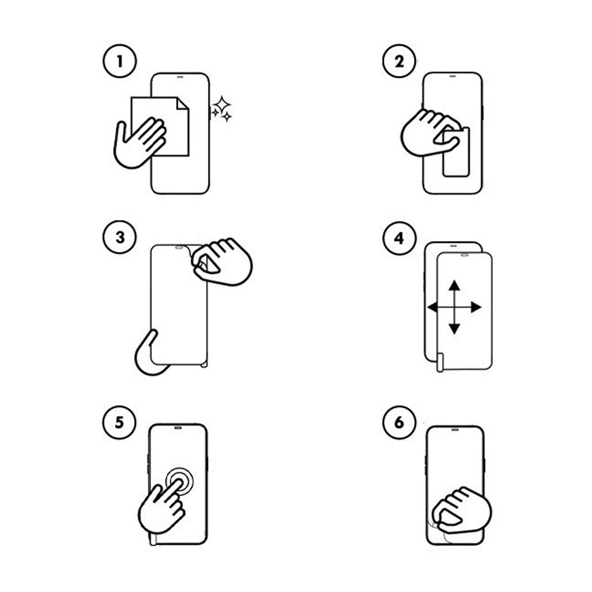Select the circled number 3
tap(119, 237)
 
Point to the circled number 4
tap(399, 238)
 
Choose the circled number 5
tap(119, 423)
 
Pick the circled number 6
tap(399, 423)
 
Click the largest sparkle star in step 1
tap(222, 105)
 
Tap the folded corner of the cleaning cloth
tap(183, 104)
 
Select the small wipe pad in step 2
tap(456, 152)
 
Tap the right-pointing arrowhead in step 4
tap(476, 307)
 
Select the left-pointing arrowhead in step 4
tap(433, 307)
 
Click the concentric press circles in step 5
tap(180, 481)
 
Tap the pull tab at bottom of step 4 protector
tap(440, 362)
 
